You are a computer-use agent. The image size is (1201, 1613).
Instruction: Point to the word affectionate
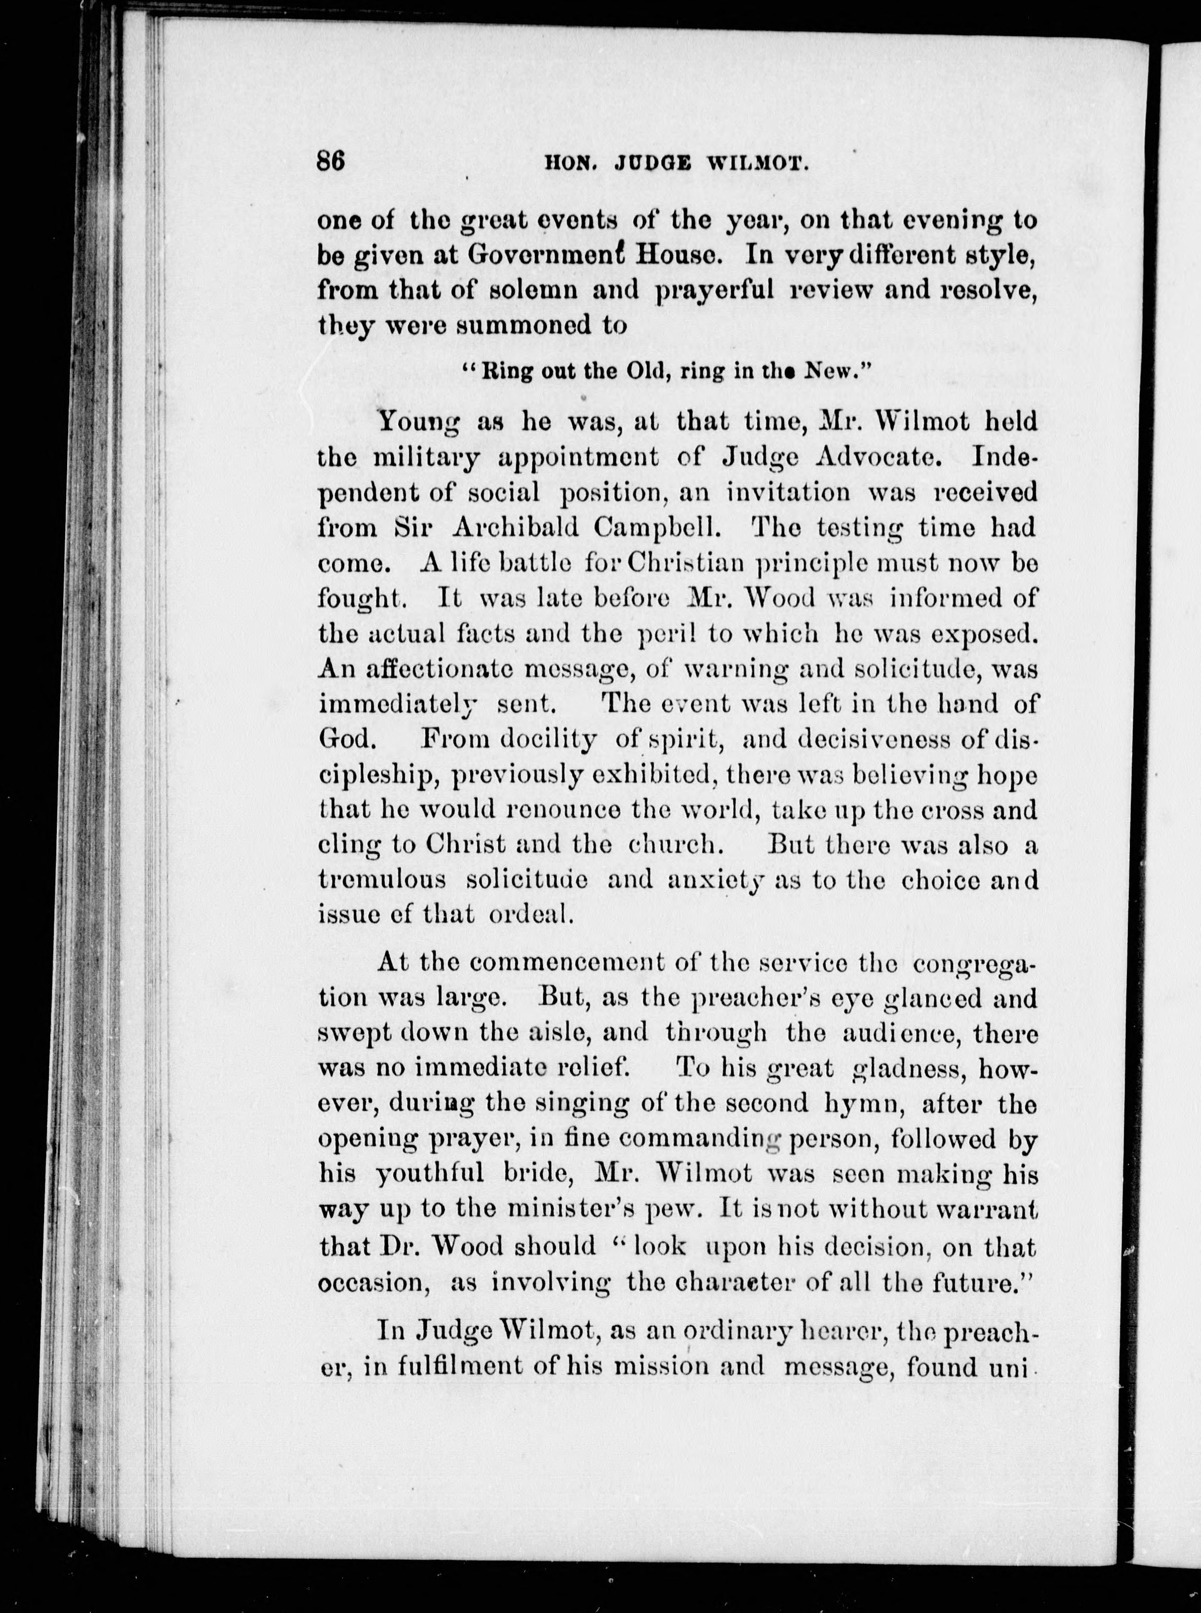pos(435,669)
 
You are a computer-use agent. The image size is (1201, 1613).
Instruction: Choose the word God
pos(347,740)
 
